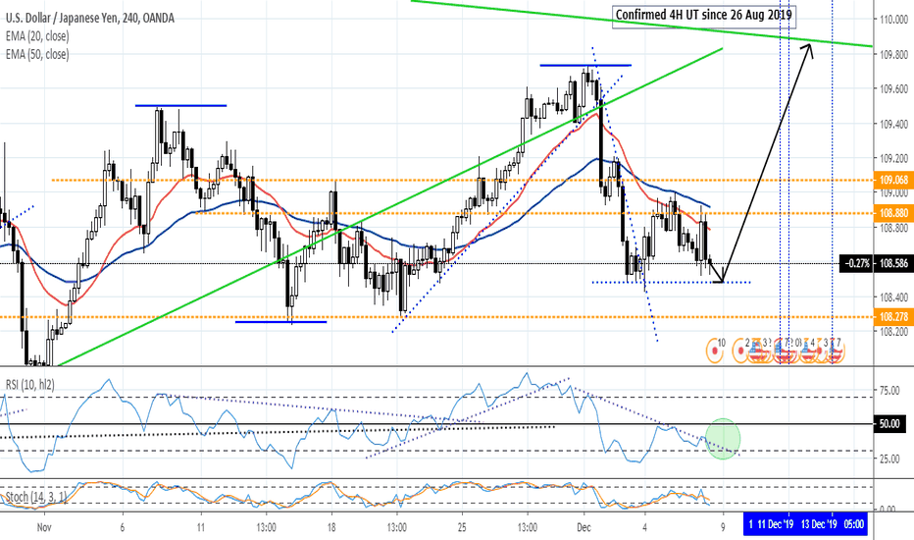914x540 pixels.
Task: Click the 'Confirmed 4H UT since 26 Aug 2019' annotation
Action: coord(704,15)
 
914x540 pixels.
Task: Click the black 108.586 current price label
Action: coord(891,264)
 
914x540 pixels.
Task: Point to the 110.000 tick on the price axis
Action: coord(891,20)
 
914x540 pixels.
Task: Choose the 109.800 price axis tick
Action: coord(891,55)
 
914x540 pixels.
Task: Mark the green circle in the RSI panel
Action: coord(723,437)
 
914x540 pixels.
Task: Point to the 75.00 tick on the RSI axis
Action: coord(889,391)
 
